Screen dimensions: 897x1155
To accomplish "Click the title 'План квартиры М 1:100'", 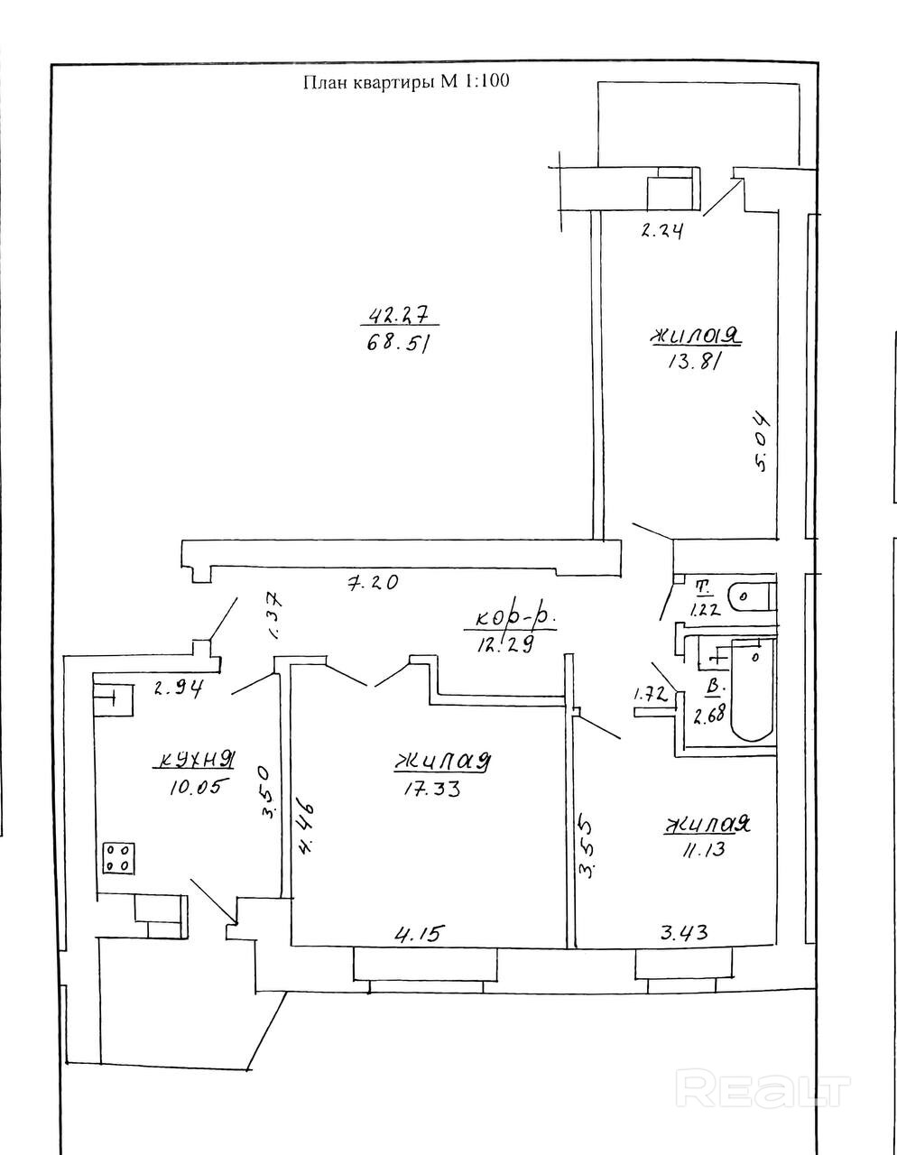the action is click(405, 82).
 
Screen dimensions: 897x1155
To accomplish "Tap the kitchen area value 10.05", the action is click(194, 786).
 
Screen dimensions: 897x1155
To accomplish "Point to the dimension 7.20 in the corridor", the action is click(373, 583).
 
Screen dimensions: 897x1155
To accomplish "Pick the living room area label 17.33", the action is click(432, 789).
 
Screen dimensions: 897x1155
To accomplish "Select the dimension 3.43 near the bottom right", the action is click(684, 932).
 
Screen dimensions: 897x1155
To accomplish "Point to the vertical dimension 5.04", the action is click(760, 442).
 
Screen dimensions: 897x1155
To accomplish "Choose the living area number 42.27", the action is click(401, 314).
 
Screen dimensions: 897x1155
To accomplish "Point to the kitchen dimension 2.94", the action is click(178, 689).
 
